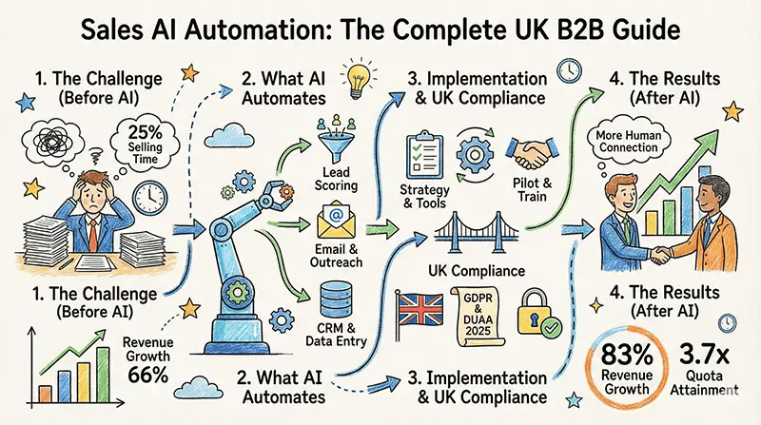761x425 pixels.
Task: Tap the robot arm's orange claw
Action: (283, 192)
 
